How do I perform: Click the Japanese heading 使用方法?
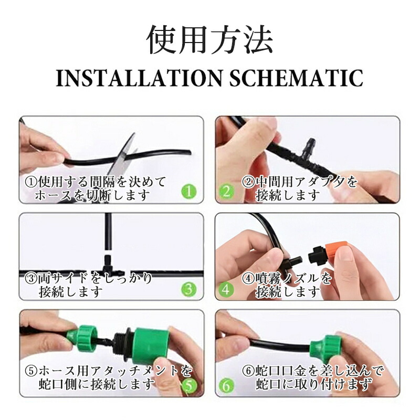pyautogui.click(x=211, y=40)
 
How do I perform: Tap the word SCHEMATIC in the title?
pyautogui.click(x=297, y=78)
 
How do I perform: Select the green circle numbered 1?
pyautogui.click(x=189, y=192)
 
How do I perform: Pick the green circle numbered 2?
pyautogui.click(x=227, y=192)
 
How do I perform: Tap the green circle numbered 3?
pyautogui.click(x=189, y=289)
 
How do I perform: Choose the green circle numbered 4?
pyautogui.click(x=227, y=289)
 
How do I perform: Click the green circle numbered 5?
pyautogui.click(x=189, y=386)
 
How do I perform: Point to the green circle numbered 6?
pyautogui.click(x=227, y=386)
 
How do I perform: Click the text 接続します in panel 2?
pyautogui.click(x=288, y=195)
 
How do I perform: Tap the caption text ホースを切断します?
pyautogui.click(x=92, y=195)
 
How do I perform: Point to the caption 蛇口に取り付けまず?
pyautogui.click(x=314, y=384)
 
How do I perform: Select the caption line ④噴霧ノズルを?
pyautogui.click(x=287, y=279)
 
